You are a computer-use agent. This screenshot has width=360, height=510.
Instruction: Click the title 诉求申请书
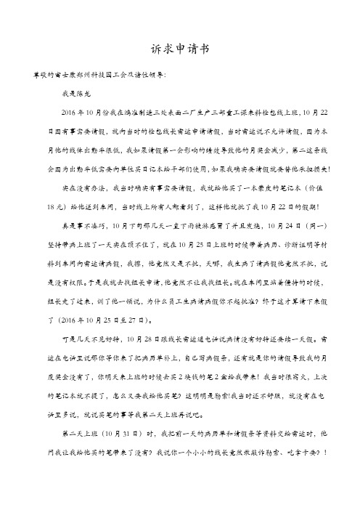click(x=180, y=49)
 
